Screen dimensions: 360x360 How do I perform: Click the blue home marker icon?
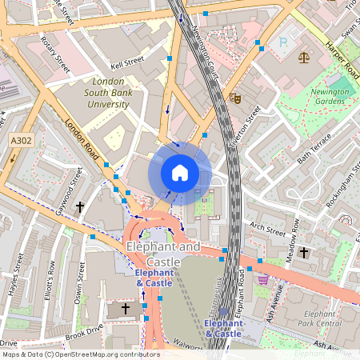180,172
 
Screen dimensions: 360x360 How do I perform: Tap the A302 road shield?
22,141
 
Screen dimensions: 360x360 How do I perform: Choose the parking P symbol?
282,41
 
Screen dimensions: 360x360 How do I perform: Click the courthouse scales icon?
303,57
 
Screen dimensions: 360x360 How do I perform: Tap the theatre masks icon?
235,98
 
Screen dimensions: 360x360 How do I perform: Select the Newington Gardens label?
330,97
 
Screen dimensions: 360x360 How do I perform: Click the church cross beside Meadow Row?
303,253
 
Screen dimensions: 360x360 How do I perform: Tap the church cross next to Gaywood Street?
79,207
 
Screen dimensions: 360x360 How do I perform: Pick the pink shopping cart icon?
263,279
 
